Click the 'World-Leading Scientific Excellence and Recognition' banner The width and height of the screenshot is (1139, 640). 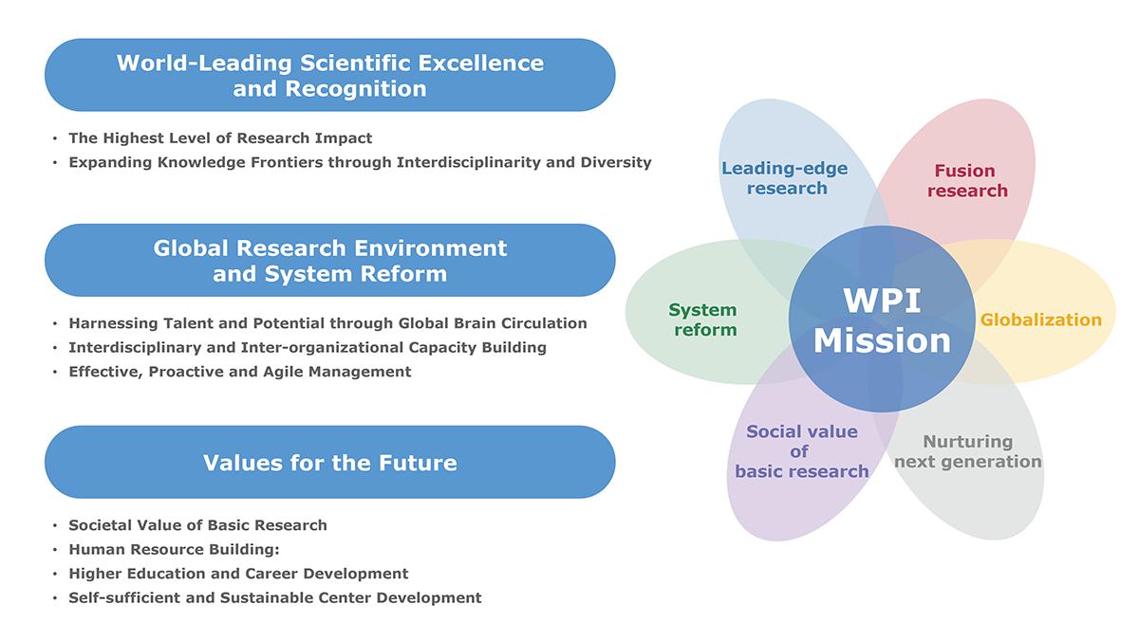tap(330, 75)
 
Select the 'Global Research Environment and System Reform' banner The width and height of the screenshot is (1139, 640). tap(330, 261)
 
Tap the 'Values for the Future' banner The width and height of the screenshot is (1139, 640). tap(330, 463)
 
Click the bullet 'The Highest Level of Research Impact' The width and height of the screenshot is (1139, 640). tap(220, 138)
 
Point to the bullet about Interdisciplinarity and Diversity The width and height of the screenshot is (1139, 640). tap(360, 162)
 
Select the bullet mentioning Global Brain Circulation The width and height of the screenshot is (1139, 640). tap(328, 323)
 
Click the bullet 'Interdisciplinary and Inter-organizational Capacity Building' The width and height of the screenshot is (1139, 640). tap(308, 347)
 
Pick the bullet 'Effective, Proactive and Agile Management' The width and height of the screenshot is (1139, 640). tap(240, 372)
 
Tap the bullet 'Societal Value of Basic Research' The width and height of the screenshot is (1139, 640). tap(197, 525)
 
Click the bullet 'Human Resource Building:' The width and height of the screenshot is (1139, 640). tap(174, 550)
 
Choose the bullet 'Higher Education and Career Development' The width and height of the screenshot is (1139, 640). tap(238, 574)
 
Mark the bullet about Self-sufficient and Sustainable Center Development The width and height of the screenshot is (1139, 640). tap(275, 598)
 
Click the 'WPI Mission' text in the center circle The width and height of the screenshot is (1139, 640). tap(882, 320)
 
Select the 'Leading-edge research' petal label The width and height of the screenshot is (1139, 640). tap(785, 178)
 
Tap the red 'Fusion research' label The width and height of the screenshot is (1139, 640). tap(967, 181)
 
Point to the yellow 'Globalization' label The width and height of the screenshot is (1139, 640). tap(1041, 320)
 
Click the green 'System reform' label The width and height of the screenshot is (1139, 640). tap(703, 320)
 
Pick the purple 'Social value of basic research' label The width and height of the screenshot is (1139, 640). tap(802, 451)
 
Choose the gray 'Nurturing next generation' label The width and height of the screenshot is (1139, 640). tap(967, 451)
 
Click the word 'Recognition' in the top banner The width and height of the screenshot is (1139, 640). tap(355, 89)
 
